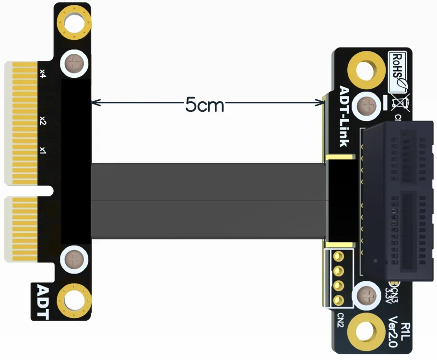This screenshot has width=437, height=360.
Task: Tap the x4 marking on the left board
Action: click(43, 74)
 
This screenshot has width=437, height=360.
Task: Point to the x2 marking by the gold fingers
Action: click(43, 120)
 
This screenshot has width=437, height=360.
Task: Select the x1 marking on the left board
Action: click(43, 150)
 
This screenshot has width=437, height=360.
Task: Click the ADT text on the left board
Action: click(43, 302)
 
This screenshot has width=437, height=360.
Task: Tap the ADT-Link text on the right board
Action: click(345, 116)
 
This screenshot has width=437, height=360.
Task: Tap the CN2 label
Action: click(340, 320)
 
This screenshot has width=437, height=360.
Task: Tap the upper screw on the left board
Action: click(74, 63)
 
